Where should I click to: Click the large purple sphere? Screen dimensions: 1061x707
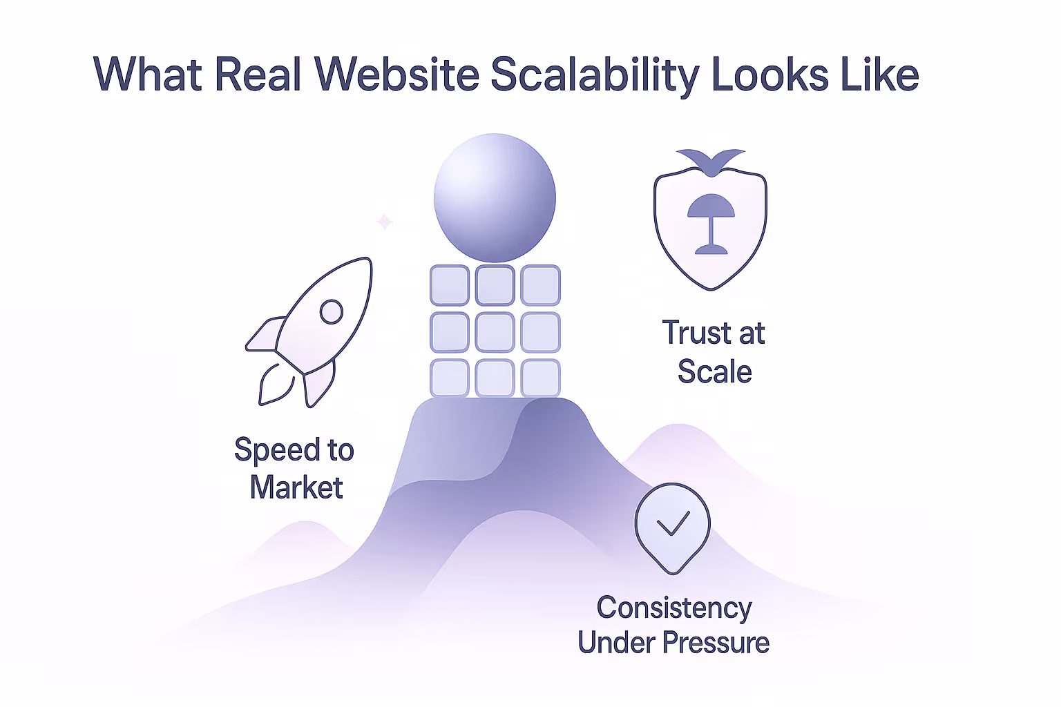pos(495,198)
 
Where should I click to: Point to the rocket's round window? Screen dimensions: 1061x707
pos(332,311)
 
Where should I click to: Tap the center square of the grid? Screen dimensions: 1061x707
pos(495,332)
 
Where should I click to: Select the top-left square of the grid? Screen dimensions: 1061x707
pos(450,285)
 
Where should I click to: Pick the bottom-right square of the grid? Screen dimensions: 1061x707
pos(540,378)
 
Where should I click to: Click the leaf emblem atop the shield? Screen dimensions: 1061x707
pos(710,160)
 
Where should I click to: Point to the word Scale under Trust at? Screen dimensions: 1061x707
pos(714,372)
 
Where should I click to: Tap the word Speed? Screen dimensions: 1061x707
pos(276,450)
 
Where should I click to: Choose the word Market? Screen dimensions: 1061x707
pos(296,488)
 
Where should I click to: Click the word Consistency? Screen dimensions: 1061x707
pos(674,608)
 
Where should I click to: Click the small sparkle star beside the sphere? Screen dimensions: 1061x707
pos(385,222)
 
